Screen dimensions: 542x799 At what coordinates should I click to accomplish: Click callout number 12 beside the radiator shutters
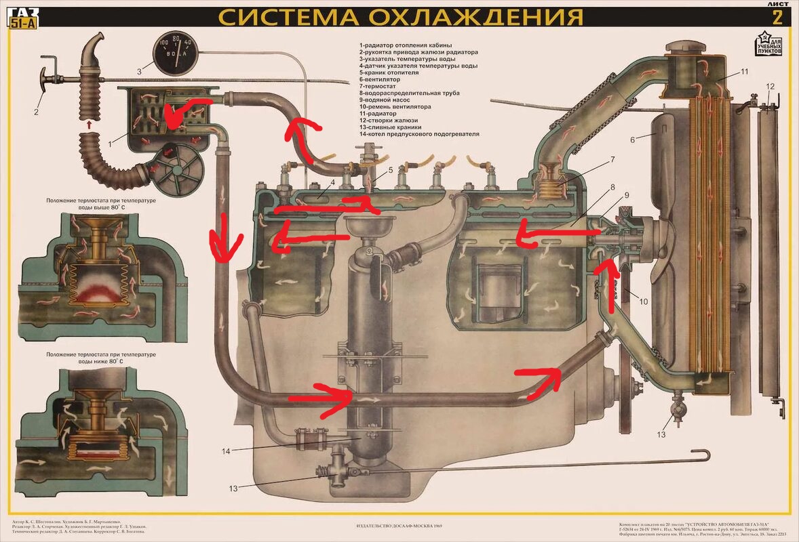click(x=769, y=86)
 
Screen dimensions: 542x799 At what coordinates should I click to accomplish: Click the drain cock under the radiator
click(x=675, y=409)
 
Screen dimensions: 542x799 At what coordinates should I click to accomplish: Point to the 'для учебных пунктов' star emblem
click(x=768, y=44)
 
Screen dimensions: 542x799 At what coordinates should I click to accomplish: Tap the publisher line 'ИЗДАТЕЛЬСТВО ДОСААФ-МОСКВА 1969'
click(x=399, y=525)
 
